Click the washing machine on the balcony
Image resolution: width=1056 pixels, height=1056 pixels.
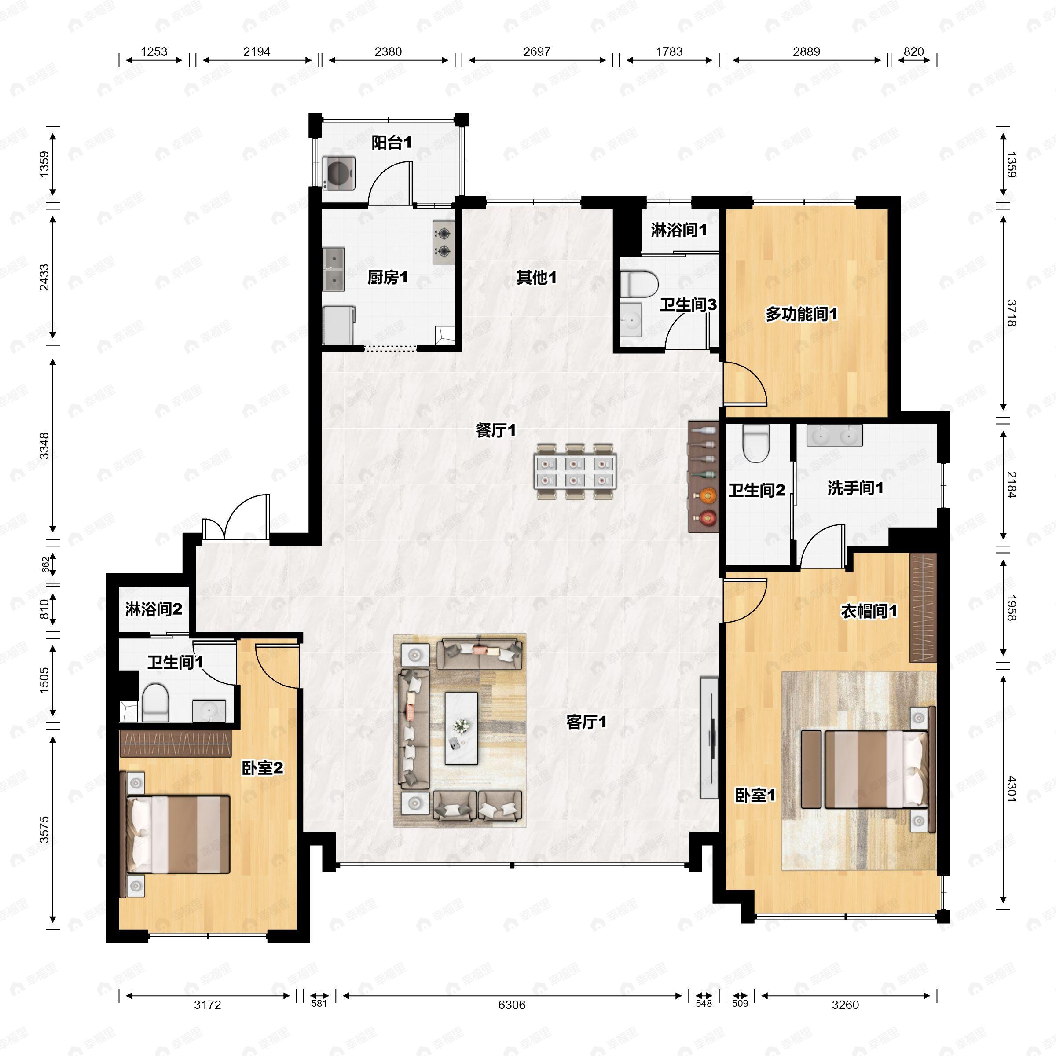[339, 173]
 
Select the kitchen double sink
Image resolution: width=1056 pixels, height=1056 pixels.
[334, 269]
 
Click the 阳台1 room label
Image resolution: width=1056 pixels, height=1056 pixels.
[391, 143]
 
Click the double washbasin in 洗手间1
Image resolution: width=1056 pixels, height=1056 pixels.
[835, 435]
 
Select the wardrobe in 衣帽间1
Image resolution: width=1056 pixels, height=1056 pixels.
[923, 608]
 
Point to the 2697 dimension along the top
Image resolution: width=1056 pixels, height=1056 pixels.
[537, 51]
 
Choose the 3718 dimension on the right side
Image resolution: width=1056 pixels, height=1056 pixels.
[1011, 313]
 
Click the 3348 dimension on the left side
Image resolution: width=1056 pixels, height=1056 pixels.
[45, 446]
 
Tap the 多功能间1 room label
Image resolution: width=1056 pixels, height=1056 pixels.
[801, 314]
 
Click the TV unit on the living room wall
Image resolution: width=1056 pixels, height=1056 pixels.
[709, 738]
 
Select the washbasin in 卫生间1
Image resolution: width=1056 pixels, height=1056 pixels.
[209, 711]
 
